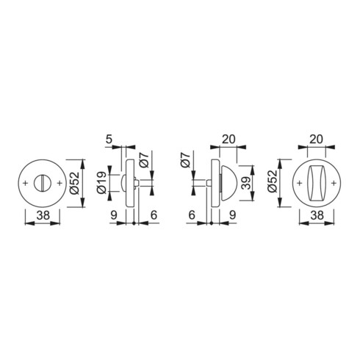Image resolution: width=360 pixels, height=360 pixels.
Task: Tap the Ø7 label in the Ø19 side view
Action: click(x=144, y=161)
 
